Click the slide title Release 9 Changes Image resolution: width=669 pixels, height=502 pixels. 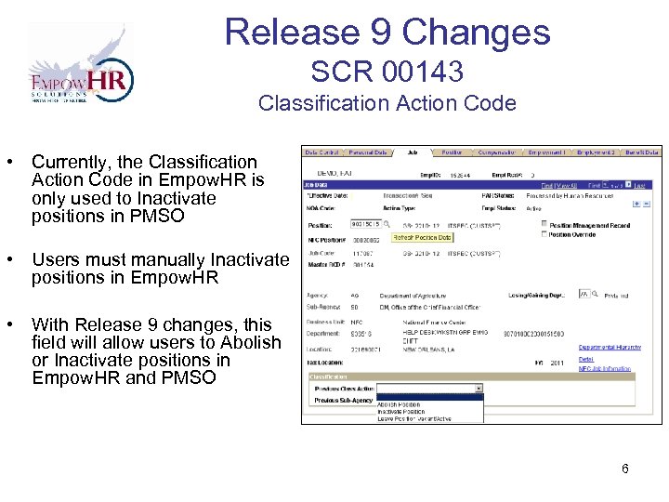tap(387, 32)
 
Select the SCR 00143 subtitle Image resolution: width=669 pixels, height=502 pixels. tap(387, 71)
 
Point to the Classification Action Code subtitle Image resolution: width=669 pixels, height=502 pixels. tap(387, 103)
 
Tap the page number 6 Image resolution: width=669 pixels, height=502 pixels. tap(625, 469)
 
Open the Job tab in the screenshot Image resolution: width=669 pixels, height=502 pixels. tap(412, 152)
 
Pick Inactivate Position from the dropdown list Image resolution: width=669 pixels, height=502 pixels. tap(400, 411)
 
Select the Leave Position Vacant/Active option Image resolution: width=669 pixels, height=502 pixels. tap(413, 418)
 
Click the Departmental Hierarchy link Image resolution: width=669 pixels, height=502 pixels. tap(609, 347)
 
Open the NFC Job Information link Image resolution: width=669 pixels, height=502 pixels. tap(604, 368)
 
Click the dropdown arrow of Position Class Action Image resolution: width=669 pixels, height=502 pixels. tap(479, 388)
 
